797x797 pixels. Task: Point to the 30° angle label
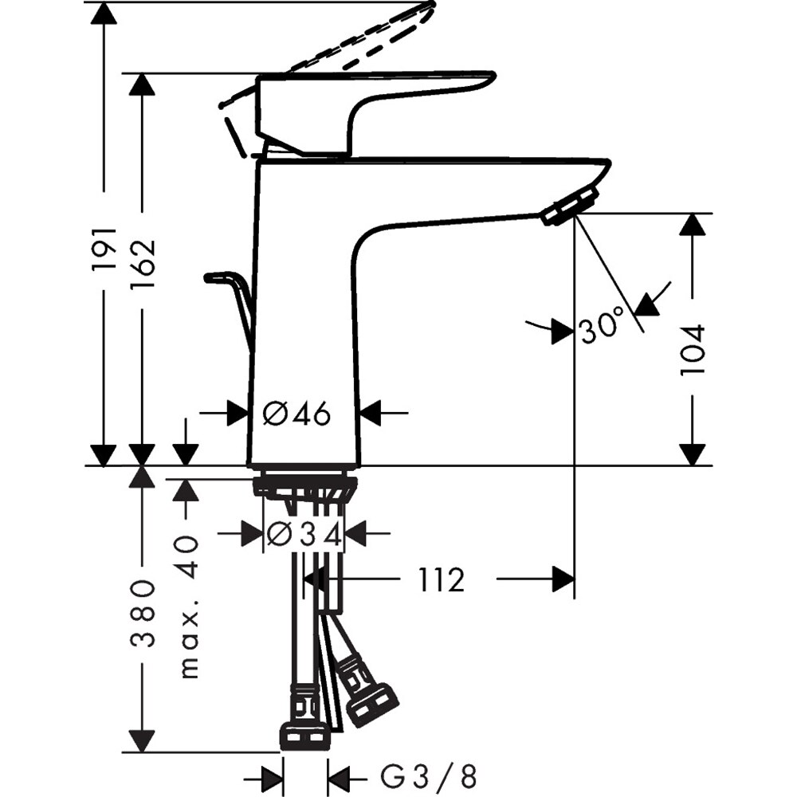click(602, 328)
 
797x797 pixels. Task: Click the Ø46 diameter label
click(296, 413)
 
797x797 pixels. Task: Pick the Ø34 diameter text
click(304, 535)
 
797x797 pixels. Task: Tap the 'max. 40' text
click(188, 607)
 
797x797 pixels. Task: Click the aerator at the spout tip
click(569, 206)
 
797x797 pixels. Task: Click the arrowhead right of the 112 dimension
click(563, 579)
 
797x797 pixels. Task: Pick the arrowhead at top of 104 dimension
click(693, 225)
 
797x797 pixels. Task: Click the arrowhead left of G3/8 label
click(273, 775)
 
